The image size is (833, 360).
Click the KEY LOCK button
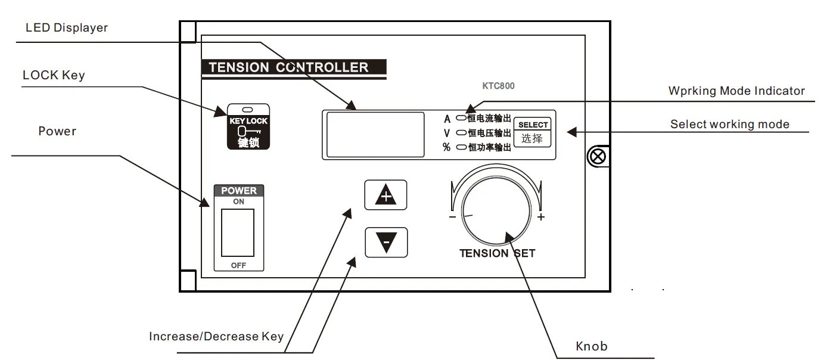248,126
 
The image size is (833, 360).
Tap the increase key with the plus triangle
386,195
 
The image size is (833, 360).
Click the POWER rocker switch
238,232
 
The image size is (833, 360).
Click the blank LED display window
375,134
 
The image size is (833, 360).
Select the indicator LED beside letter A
461,117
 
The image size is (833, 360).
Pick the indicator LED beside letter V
461,132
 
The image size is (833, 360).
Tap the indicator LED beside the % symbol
461,147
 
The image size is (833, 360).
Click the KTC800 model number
498,86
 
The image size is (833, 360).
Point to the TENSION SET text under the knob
497,253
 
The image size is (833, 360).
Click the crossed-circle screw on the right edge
596,156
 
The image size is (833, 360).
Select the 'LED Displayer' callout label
67,28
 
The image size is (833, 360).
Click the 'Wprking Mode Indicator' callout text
736,91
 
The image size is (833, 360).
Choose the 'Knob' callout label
592,346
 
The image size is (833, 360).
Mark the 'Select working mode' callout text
729,125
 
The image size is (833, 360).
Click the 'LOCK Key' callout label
54,76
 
